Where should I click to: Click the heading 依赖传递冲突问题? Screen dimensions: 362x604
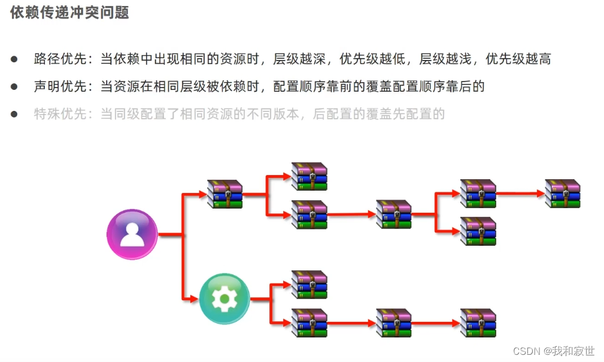coord(70,13)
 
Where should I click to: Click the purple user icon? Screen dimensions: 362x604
coord(132,234)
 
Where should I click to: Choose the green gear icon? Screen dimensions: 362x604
coord(224,298)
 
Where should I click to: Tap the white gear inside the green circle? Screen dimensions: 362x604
coord(224,298)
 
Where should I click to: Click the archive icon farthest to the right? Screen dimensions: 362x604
coord(563,194)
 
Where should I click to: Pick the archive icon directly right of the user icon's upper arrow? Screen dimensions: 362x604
coord(224,194)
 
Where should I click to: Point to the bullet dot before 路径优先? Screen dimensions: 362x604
coord(14,59)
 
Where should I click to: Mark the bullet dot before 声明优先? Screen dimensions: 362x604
coord(14,87)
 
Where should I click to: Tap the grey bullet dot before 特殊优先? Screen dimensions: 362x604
coord(14,114)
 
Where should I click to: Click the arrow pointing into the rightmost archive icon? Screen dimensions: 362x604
coord(521,194)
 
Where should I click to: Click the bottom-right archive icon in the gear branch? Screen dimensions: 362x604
coord(478,323)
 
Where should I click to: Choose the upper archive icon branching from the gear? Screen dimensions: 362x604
coord(309,285)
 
